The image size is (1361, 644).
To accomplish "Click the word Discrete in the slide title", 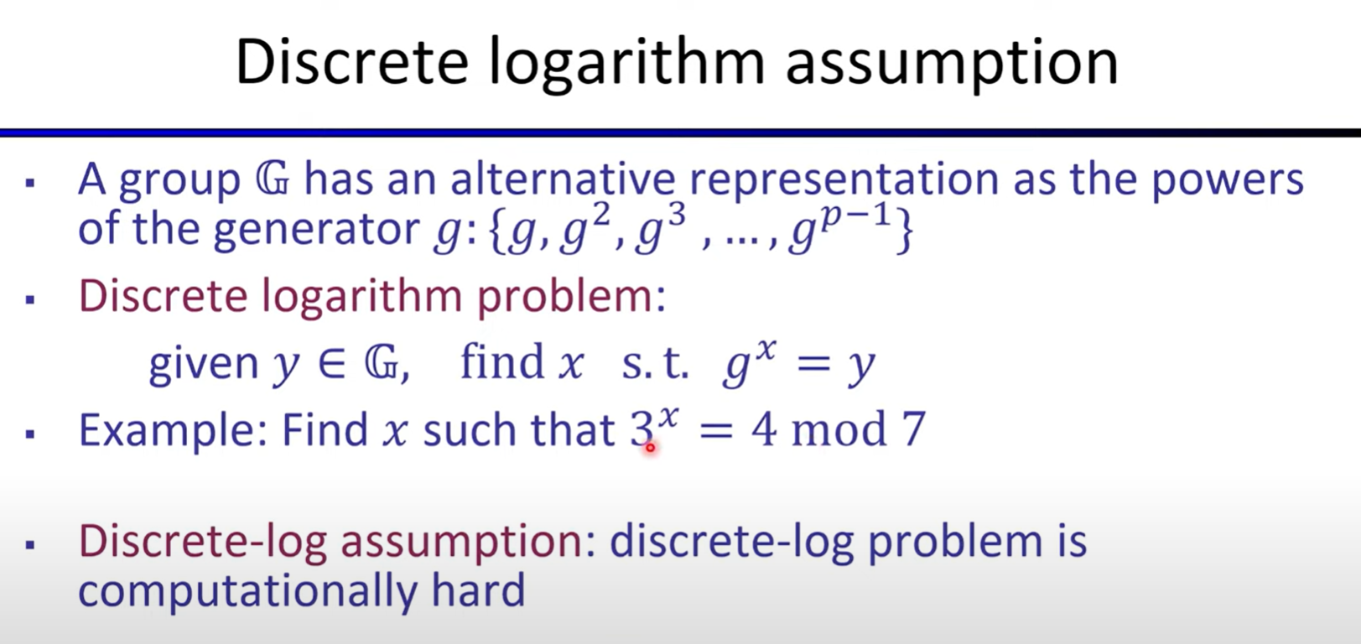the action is [x=352, y=61].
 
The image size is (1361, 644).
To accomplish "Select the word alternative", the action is [x=563, y=179].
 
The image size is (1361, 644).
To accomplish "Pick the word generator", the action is [x=316, y=230].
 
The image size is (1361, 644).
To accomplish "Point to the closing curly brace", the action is [x=903, y=230].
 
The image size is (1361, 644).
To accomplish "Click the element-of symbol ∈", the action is [x=332, y=363].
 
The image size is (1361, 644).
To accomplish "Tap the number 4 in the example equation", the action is [x=764, y=429].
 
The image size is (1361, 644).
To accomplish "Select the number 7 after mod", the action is [x=914, y=429].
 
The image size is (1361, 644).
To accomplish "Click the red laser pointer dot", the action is [x=650, y=448].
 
